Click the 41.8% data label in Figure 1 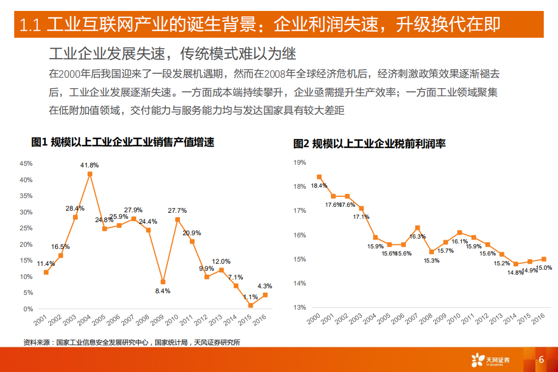pos(89,165)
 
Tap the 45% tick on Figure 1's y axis pos(26,164)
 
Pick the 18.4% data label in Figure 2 pos(319,185)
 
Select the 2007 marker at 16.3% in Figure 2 pos(417,228)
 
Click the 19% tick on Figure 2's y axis pos(299,162)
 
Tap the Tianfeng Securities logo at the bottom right pos(490,359)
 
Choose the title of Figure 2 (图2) pos(369,143)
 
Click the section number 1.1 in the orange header pos(31,25)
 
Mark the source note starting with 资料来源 pos(132,343)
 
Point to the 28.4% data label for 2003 pos(75,208)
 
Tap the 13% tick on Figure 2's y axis pos(299,307)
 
